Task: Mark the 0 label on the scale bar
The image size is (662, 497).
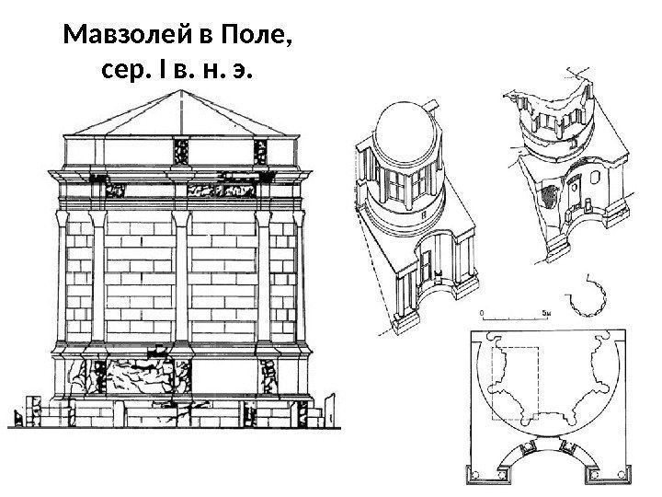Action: coord(480,313)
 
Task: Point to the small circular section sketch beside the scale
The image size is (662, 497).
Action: coord(585,299)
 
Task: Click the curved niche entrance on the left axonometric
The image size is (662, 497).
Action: coord(432,262)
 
